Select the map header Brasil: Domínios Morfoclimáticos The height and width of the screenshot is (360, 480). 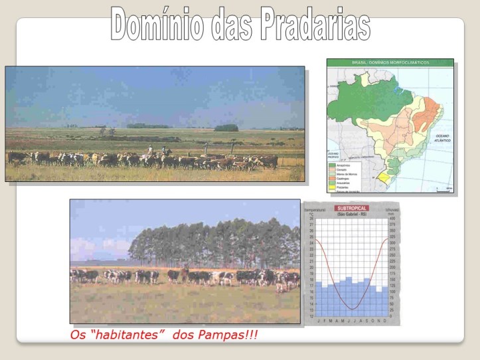point(390,62)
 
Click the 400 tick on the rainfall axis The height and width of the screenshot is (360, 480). point(392,218)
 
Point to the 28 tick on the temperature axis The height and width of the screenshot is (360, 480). point(310,218)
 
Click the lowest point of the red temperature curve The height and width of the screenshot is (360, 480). point(351,309)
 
